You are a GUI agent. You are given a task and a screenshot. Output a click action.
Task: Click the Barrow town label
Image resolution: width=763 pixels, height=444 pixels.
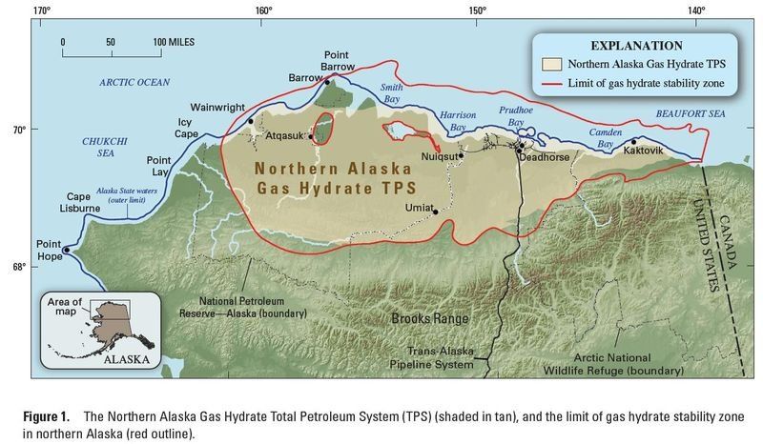pyautogui.click(x=307, y=78)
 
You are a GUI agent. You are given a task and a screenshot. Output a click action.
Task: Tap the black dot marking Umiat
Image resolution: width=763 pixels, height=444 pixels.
pyautogui.click(x=436, y=212)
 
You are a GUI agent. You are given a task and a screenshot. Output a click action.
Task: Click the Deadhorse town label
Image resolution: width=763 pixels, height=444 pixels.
pyautogui.click(x=544, y=159)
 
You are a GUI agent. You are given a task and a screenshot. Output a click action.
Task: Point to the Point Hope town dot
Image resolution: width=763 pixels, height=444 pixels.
pyautogui.click(x=66, y=250)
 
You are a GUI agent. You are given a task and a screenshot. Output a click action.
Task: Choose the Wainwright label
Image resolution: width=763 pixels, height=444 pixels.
pyautogui.click(x=219, y=109)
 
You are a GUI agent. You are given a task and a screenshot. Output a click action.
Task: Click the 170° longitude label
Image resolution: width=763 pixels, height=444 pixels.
pyautogui.click(x=41, y=11)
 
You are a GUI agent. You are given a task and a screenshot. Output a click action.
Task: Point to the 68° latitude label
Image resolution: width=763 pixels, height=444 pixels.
pyautogui.click(x=19, y=267)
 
